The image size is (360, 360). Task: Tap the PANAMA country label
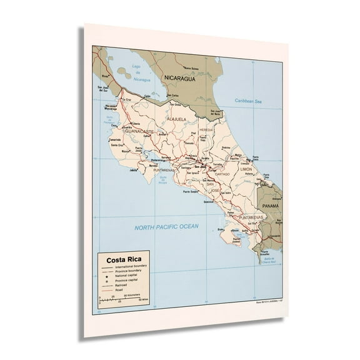click(271, 206)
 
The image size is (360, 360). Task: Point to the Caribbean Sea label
click(247, 101)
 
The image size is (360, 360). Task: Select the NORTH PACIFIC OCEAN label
click(166, 227)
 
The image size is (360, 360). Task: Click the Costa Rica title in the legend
click(123, 260)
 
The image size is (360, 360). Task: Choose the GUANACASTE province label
click(139, 132)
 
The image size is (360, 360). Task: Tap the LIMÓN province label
click(246, 169)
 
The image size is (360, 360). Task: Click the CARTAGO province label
click(222, 174)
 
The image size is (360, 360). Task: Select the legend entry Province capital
click(123, 280)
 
